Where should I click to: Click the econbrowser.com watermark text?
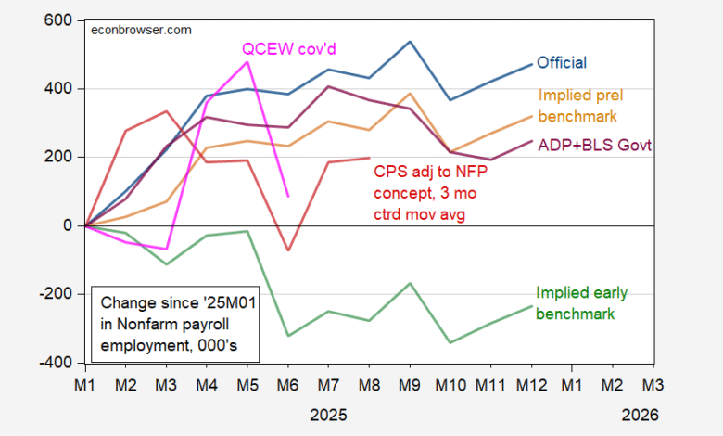(141, 29)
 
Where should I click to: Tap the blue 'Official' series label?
(562, 62)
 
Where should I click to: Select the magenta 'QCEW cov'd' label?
(289, 48)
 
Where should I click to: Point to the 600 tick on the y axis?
(58, 20)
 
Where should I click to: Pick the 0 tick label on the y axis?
(68, 225)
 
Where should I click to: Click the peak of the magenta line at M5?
(247, 61)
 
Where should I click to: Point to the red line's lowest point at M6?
(288, 250)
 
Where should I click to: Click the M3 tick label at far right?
(653, 383)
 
